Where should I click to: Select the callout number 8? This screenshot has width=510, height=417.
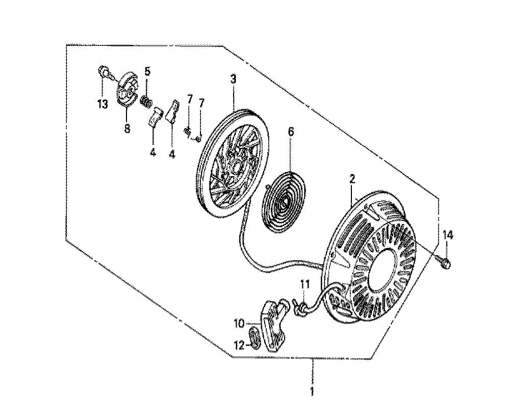pyautogui.click(x=127, y=128)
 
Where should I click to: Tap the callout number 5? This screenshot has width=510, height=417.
pyautogui.click(x=147, y=71)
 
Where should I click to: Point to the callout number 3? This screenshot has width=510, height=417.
pyautogui.click(x=234, y=79)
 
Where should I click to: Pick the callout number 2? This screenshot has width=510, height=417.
pyautogui.click(x=352, y=179)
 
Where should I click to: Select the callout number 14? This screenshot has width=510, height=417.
pyautogui.click(x=447, y=235)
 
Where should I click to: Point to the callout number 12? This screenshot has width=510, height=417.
pyautogui.click(x=239, y=345)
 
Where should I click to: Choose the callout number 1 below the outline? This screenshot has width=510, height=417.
pyautogui.click(x=312, y=391)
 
